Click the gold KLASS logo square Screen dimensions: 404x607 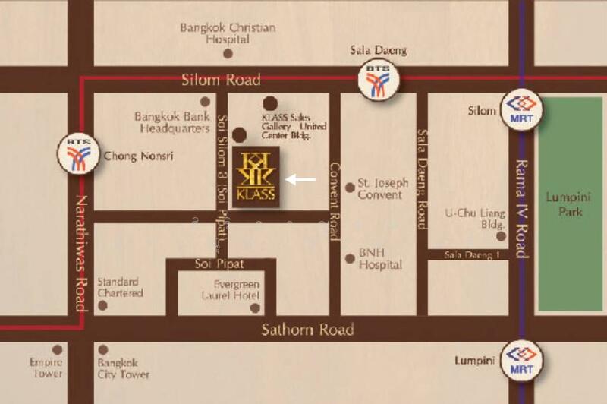(256, 176)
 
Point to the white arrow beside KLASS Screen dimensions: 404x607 (300, 180)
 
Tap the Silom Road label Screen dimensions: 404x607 (221, 80)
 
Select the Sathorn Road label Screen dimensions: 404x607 (307, 330)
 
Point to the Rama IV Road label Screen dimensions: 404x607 (521, 208)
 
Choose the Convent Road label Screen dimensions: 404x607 (334, 202)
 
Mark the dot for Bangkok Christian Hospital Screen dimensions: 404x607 (228, 53)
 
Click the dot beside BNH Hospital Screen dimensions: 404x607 (350, 258)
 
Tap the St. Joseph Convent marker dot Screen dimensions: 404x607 (350, 188)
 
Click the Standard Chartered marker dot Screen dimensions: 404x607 (103, 305)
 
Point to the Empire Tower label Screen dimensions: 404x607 (46, 368)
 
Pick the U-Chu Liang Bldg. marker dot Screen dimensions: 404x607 (501, 236)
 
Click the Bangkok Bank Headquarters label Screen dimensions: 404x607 (172, 122)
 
